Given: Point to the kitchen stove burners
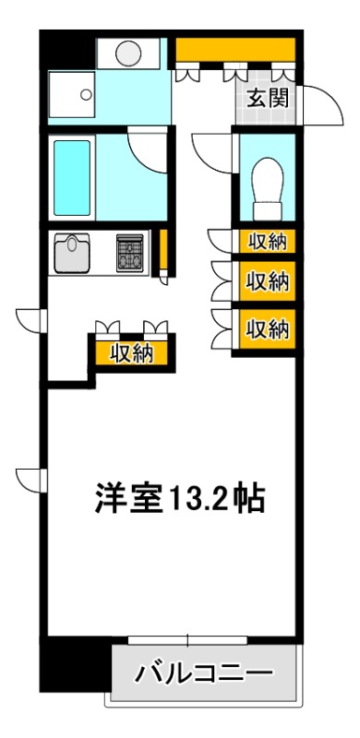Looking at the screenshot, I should pyautogui.click(x=130, y=253).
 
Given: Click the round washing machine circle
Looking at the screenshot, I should pyautogui.click(x=127, y=52).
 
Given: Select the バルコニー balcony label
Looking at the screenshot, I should pyautogui.click(x=204, y=672).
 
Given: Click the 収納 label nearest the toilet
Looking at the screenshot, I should pyautogui.click(x=267, y=242).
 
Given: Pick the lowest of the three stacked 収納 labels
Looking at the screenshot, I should pyautogui.click(x=267, y=327).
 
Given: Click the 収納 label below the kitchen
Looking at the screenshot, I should pyautogui.click(x=131, y=352).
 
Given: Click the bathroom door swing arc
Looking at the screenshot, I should pyautogui.click(x=148, y=146).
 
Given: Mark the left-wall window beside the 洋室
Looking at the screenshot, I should pyautogui.click(x=30, y=480).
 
